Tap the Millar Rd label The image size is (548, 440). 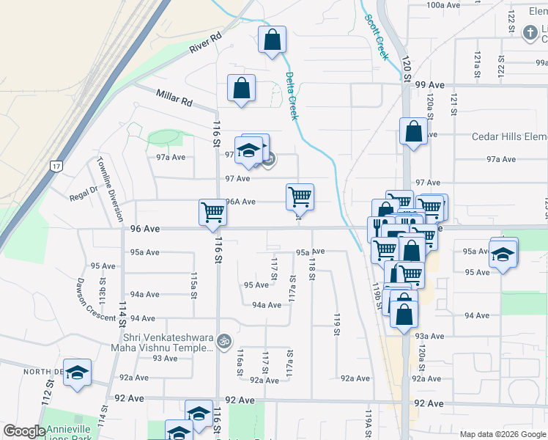(173, 97)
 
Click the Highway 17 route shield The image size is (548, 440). (56, 166)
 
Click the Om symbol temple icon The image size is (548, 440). (226, 340)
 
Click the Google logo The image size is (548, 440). (24, 431)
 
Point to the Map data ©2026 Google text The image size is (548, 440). (503, 434)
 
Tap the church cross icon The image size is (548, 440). (530, 33)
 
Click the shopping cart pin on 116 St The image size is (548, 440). (212, 212)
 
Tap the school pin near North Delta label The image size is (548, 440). (77, 373)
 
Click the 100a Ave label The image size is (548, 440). (443, 5)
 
